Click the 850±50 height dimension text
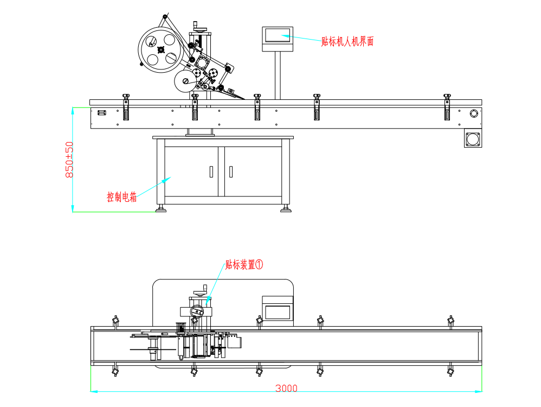tap(69, 160)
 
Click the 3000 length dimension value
tap(286, 389)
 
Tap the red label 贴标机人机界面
tap(347, 41)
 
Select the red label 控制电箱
tap(122, 197)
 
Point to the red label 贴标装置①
tap(244, 265)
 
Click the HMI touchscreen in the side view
tap(278, 36)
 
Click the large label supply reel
tap(160, 50)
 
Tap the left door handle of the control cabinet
tap(211, 171)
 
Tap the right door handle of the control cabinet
tap(231, 171)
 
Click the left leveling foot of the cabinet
tap(160, 209)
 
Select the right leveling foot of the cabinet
tap(285, 209)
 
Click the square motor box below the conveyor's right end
tap(473, 138)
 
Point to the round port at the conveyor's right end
tap(474, 113)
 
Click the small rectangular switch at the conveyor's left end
tap(102, 113)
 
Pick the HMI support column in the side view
tap(278, 75)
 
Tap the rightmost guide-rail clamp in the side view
tap(447, 107)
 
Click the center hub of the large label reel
tap(160, 50)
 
